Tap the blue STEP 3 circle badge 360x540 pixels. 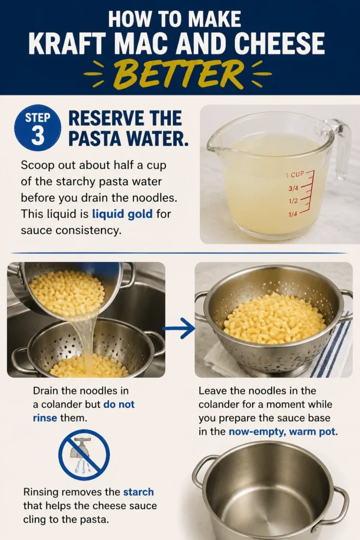[37, 128]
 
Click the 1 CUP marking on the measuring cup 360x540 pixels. [295, 175]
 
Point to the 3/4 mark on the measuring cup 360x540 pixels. [293, 188]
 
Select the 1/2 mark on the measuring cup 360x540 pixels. [293, 201]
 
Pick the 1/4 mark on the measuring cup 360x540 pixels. [293, 214]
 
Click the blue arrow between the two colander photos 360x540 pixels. [179, 328]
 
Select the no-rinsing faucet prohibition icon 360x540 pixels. [84, 455]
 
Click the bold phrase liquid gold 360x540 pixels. [122, 214]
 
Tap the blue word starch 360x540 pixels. [138, 492]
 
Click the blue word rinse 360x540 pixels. [45, 418]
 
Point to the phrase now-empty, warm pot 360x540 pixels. [283, 431]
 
